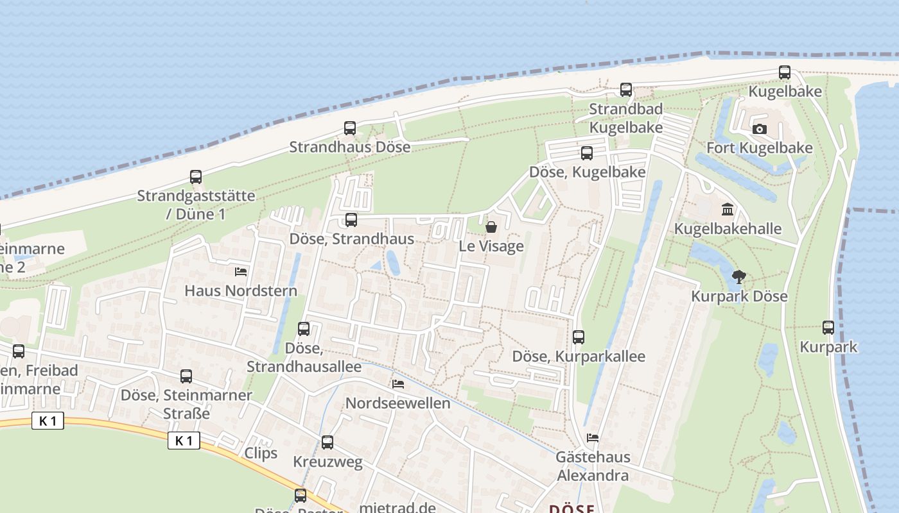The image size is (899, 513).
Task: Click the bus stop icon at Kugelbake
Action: point(784,72)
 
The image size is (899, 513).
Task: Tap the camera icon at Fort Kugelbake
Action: point(760,129)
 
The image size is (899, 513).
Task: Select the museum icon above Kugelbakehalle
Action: point(728,210)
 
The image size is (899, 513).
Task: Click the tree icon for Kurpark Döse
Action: point(738,277)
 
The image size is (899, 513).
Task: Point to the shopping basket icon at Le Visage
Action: point(491,227)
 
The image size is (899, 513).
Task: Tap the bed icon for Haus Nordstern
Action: point(241,272)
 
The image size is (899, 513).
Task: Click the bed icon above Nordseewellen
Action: point(398,384)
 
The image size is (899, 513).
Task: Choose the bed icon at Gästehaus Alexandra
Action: point(593,438)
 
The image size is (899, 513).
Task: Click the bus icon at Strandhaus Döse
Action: point(349,128)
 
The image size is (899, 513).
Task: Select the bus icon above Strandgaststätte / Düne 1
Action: point(196,177)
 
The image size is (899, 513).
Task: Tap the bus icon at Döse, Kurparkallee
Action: point(578,337)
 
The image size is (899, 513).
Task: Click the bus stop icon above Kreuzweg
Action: point(327,442)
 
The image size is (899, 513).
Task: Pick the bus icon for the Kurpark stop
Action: point(828,328)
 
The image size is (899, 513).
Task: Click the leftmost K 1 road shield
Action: point(48,421)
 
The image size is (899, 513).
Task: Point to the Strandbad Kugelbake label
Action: point(626,118)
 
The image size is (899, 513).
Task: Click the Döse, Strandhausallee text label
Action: point(304,357)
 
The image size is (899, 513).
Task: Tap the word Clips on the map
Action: point(261,453)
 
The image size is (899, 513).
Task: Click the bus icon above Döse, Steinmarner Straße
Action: point(186,376)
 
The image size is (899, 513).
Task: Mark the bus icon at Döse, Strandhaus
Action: point(351,220)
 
